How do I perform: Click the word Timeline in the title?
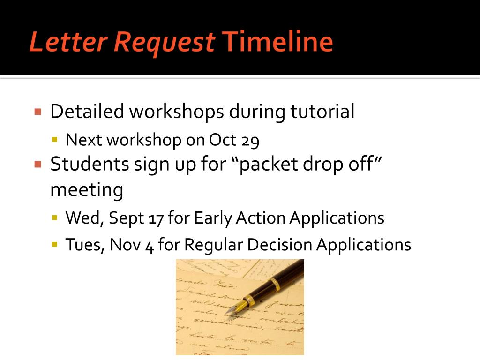[277, 42]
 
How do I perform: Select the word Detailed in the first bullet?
[87, 112]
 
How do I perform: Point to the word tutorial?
[322, 112]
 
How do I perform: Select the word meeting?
[87, 190]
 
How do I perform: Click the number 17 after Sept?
[155, 218]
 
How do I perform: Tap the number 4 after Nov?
[150, 245]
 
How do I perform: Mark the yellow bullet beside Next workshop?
[55, 140]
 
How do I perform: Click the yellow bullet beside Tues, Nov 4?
[55, 244]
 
